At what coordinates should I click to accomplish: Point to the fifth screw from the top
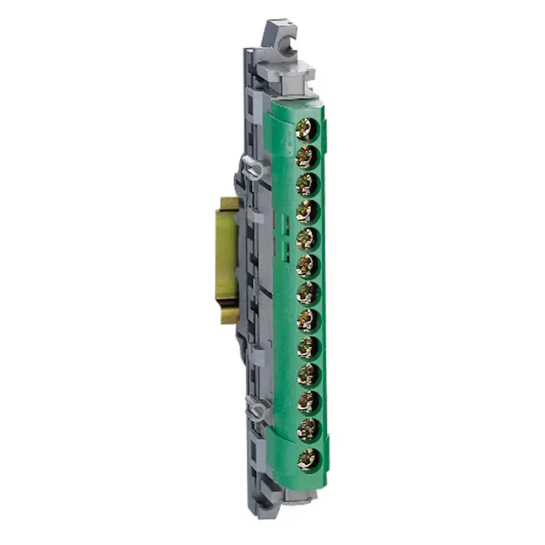(x=307, y=239)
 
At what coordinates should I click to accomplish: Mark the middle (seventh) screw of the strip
(x=307, y=293)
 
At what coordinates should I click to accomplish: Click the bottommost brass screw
(x=308, y=458)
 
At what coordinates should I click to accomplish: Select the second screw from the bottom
(x=308, y=430)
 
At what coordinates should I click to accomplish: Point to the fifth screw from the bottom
(x=308, y=348)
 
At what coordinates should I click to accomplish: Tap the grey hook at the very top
(x=280, y=39)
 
